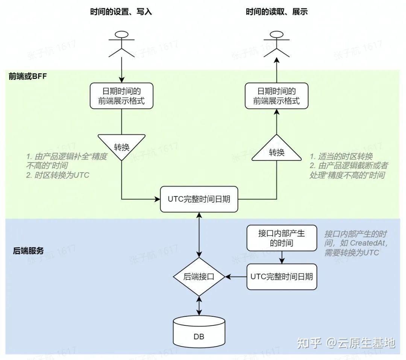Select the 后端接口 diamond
tap(199, 277)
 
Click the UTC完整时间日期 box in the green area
tap(199, 199)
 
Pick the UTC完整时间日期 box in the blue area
tap(282, 277)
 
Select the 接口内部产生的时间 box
tap(282, 238)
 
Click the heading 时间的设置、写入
tap(121, 12)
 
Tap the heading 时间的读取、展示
tap(276, 12)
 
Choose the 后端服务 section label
tap(28, 251)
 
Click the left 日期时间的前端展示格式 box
tap(121, 96)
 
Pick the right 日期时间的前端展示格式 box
tap(276, 96)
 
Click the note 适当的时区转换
tap(341, 156)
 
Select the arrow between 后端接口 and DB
tap(199, 306)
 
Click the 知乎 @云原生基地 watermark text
tap(346, 343)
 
